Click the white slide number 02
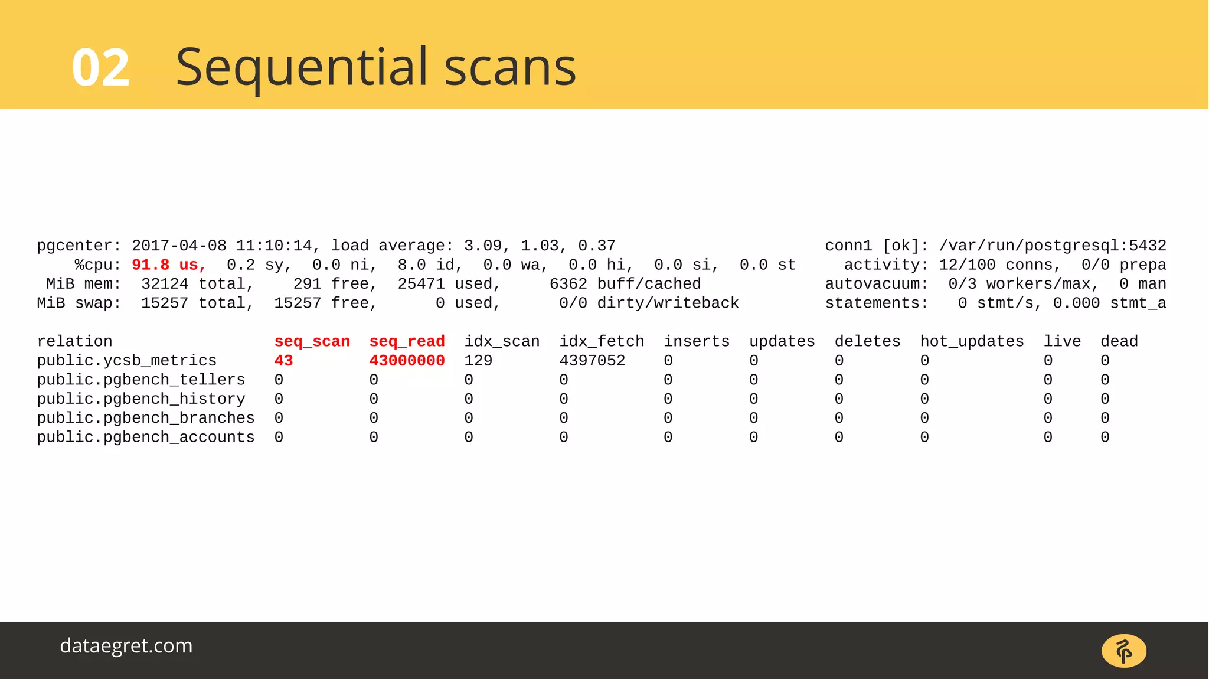coord(100,68)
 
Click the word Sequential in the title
coord(302,67)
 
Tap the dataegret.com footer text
coord(126,645)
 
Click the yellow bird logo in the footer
coord(1123,651)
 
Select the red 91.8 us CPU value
coord(168,265)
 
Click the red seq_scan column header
coord(312,341)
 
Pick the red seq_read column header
coord(407,341)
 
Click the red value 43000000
coord(407,360)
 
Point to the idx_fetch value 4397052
coord(592,360)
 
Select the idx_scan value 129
coord(478,360)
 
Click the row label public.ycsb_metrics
coord(127,360)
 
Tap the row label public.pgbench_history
coord(141,399)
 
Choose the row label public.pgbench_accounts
coord(146,437)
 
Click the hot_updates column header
coord(972,341)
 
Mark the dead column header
coord(1119,341)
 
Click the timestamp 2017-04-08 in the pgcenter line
coord(179,246)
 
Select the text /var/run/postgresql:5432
coord(1053,246)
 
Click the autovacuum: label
coord(876,284)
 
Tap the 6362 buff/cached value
coord(625,284)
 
